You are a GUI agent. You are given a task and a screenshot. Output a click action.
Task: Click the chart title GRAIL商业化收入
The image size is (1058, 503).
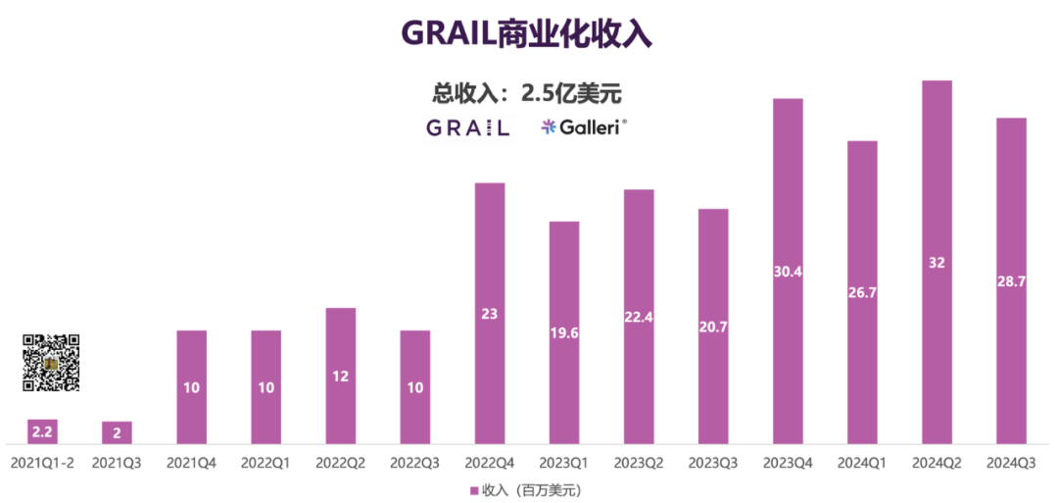(527, 34)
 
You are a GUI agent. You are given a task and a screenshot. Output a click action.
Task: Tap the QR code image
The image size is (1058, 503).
(51, 363)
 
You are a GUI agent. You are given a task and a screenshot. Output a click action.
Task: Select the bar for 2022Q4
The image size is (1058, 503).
(490, 314)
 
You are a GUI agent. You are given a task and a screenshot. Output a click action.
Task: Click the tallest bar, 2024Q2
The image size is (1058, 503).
(937, 262)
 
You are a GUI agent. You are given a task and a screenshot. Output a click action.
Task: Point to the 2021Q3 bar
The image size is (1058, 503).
(117, 432)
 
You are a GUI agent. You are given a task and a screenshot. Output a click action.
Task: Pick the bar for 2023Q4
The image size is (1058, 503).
(788, 272)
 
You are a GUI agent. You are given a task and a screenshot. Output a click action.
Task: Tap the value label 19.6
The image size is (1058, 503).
(564, 331)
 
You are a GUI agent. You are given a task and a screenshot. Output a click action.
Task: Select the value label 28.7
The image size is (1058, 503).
(1011, 280)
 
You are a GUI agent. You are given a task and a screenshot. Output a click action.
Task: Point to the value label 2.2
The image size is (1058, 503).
(42, 428)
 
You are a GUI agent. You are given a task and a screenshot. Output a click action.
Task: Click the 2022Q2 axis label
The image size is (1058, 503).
(340, 461)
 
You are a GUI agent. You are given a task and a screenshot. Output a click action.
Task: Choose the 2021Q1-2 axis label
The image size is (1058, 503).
(42, 461)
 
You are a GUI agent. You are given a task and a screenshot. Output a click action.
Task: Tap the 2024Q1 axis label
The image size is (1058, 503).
(862, 461)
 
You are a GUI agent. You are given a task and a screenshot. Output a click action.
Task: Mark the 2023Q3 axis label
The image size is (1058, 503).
(713, 461)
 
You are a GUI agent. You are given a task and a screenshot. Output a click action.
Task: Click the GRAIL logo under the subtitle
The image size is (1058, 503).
(468, 127)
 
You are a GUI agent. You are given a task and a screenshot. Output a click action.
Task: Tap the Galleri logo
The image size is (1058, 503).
(584, 126)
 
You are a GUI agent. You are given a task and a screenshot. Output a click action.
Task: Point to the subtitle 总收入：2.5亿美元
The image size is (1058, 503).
(528, 93)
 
